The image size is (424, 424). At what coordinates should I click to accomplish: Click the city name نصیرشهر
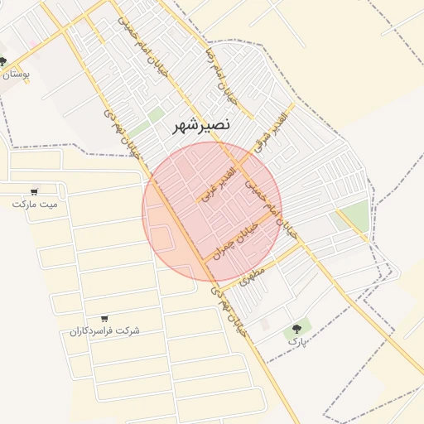203,125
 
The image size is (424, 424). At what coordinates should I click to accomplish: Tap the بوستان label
16,75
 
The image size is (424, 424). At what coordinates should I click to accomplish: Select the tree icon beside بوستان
2,61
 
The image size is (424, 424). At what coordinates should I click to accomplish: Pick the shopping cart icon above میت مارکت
34,190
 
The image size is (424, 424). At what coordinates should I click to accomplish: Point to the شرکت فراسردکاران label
104,330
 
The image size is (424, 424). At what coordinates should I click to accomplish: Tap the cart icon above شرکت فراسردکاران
104,319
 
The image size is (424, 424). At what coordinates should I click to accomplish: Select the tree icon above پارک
296,329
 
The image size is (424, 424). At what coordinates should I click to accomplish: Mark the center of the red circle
212,212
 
